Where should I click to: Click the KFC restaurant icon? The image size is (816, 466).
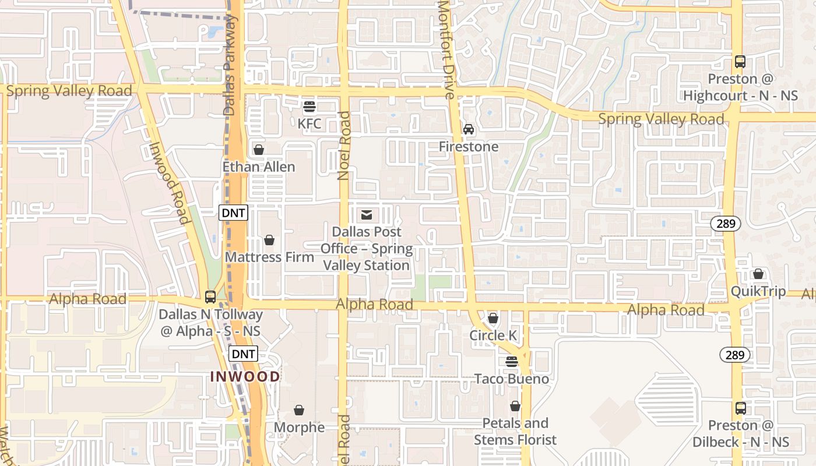click(309, 107)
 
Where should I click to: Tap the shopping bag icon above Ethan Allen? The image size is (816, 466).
click(259, 150)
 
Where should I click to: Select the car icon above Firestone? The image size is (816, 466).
click(469, 129)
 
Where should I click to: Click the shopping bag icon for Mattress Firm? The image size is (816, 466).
click(269, 240)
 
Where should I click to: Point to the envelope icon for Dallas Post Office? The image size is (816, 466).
click(367, 215)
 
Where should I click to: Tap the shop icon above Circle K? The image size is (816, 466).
click(493, 318)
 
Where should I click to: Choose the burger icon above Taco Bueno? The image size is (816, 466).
click(512, 362)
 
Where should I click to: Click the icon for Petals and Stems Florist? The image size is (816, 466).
click(515, 406)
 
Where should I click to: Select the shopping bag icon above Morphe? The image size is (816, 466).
click(299, 410)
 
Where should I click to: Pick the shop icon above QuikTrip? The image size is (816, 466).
click(758, 274)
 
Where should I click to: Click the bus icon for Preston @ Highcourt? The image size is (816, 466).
click(740, 62)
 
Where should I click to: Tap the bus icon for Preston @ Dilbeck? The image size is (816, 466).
click(740, 408)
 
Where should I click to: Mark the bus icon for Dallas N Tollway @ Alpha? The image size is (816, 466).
click(210, 297)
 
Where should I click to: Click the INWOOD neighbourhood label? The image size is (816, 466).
click(245, 376)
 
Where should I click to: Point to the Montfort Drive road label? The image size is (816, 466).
click(446, 50)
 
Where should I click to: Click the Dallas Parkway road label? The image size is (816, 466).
click(231, 64)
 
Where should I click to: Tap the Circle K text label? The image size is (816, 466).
click(494, 336)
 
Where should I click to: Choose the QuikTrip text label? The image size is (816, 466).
click(758, 291)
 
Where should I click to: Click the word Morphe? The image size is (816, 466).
click(300, 428)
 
